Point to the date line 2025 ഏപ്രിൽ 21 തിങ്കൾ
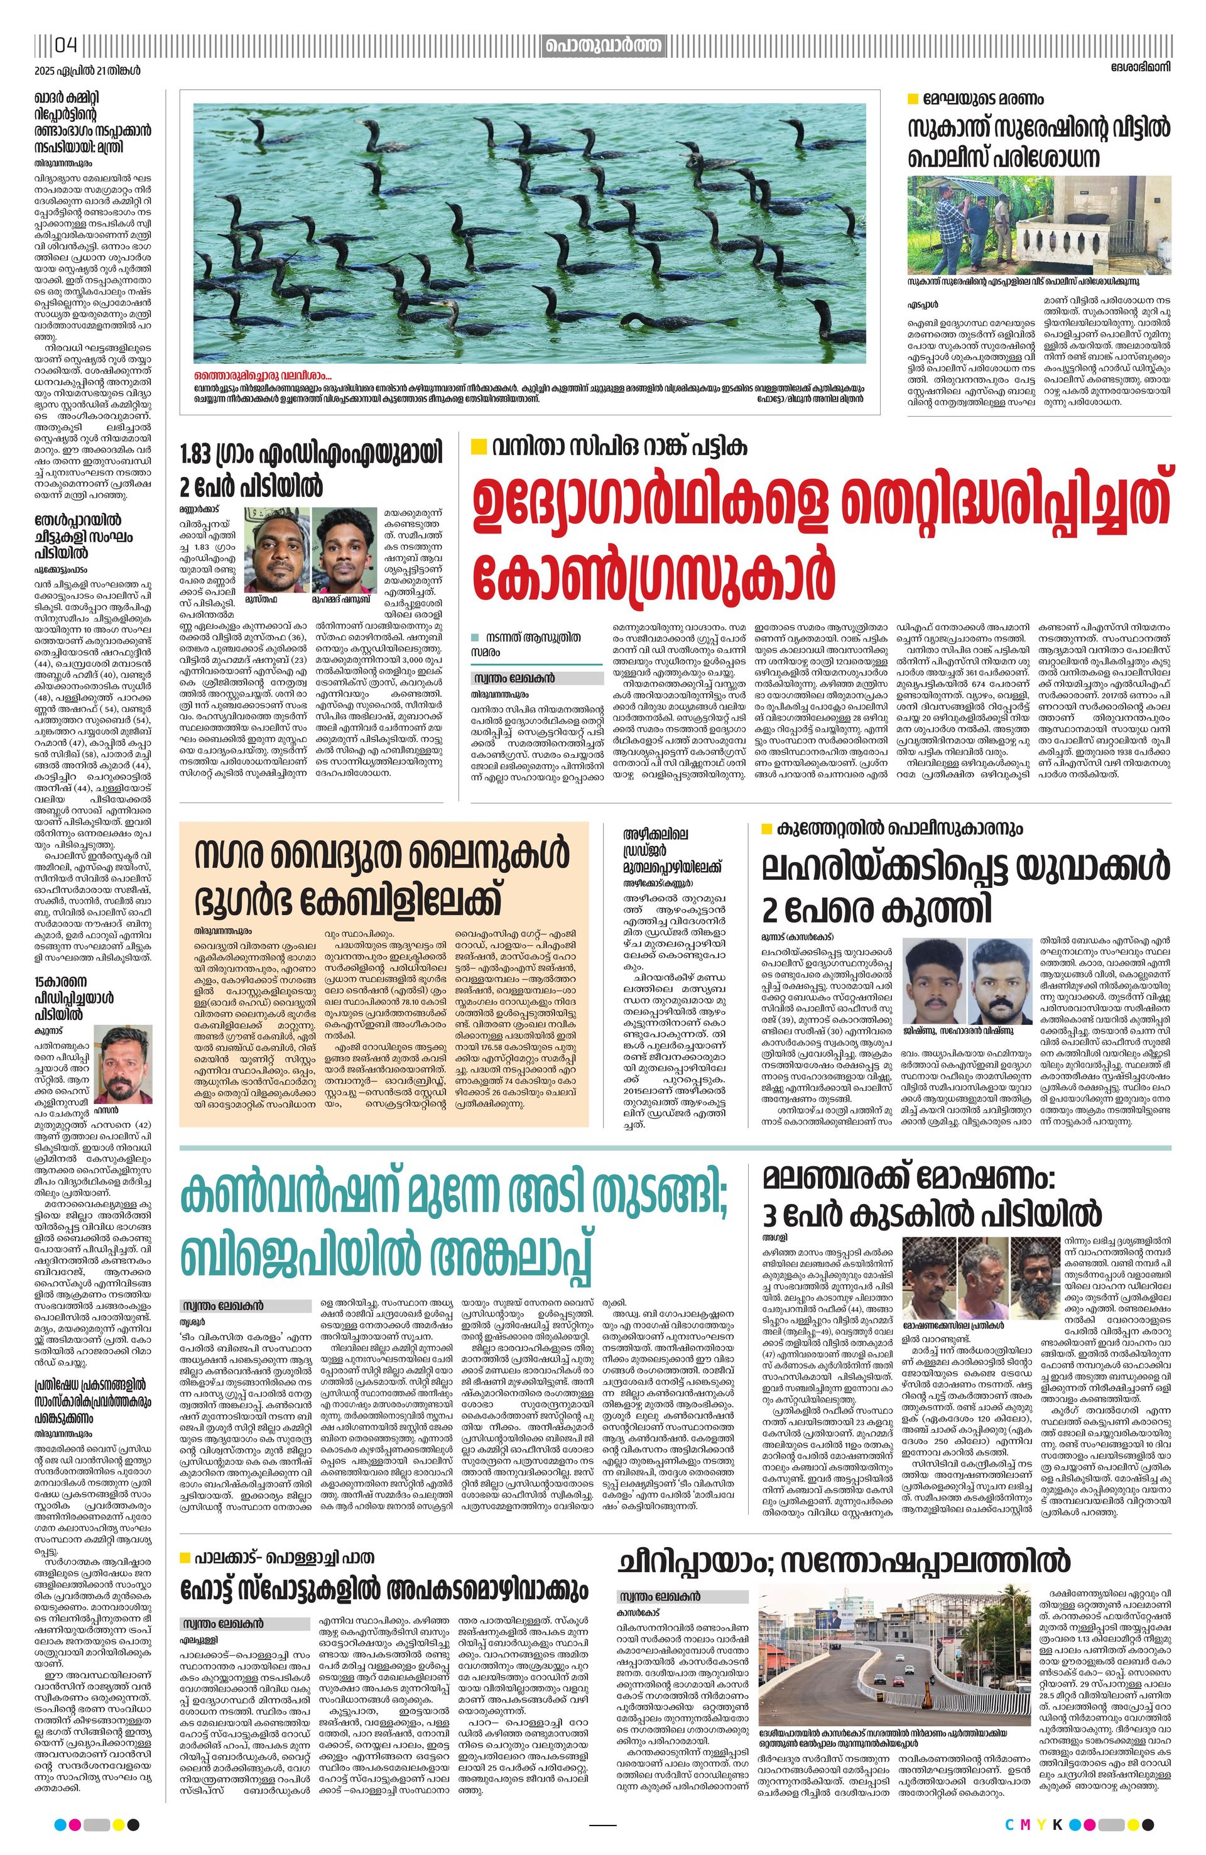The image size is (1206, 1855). (87, 70)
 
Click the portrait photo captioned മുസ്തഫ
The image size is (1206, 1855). (275, 547)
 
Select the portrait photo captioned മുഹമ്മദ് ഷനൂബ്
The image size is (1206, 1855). (344, 547)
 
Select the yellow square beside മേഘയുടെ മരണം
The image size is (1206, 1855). (913, 99)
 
